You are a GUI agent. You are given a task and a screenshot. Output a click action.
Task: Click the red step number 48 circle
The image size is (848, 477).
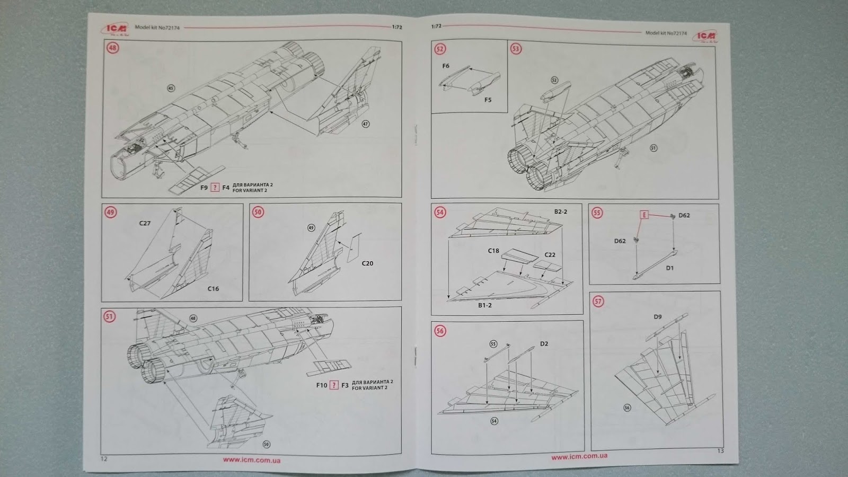pyautogui.click(x=113, y=48)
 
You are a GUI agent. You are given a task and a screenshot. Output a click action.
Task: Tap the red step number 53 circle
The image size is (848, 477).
pyautogui.click(x=516, y=49)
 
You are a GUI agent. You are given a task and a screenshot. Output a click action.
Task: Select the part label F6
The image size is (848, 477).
pyautogui.click(x=445, y=66)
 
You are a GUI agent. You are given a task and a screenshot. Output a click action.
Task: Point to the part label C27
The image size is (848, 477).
pyautogui.click(x=145, y=223)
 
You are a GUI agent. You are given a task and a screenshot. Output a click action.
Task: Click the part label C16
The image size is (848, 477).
pyautogui.click(x=213, y=289)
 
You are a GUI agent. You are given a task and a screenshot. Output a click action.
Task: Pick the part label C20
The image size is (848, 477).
pyautogui.click(x=367, y=263)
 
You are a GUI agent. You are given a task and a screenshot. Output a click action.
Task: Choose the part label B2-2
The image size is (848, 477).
pyautogui.click(x=561, y=211)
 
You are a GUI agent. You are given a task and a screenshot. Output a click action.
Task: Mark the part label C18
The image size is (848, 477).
pyautogui.click(x=493, y=251)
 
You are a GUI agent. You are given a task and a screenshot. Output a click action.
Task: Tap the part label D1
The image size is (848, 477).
pyautogui.click(x=670, y=268)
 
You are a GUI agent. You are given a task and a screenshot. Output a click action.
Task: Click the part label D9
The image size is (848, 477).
pyautogui.click(x=658, y=317)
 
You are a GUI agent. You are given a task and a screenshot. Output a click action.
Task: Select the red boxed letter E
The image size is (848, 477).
pyautogui.click(x=644, y=215)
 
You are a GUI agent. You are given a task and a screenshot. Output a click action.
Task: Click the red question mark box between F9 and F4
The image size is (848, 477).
pyautogui.click(x=215, y=188)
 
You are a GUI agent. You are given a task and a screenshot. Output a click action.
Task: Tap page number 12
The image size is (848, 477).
pyautogui.click(x=104, y=458)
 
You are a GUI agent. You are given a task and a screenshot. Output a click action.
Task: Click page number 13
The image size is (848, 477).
pyautogui.click(x=720, y=451)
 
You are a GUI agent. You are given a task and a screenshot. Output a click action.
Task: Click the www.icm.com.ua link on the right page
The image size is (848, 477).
pyautogui.click(x=579, y=456)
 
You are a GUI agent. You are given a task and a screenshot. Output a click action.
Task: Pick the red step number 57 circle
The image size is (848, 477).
pyautogui.click(x=598, y=302)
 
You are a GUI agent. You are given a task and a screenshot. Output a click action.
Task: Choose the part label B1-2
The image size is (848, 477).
pyautogui.click(x=484, y=305)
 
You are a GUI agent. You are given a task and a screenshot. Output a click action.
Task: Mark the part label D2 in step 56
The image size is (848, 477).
pyautogui.click(x=544, y=344)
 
